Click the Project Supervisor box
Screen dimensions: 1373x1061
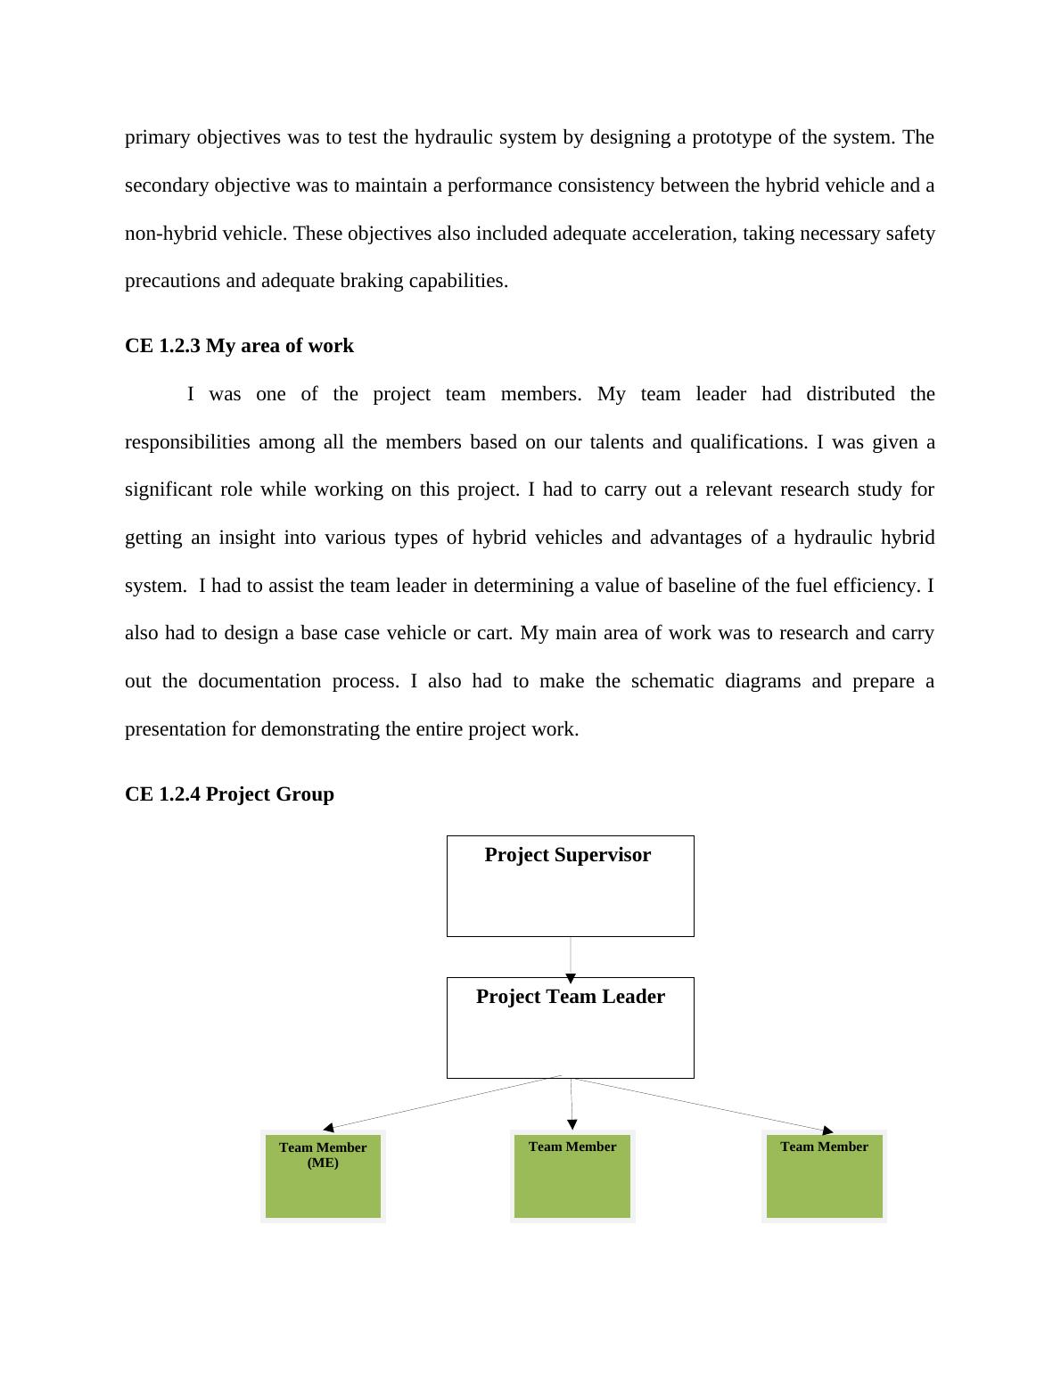point(570,886)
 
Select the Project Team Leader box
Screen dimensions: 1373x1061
point(570,1028)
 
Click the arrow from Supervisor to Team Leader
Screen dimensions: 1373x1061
point(571,959)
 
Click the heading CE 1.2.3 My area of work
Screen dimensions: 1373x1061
point(239,346)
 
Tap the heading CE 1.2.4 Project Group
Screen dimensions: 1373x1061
point(229,794)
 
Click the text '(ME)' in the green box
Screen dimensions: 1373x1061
point(323,1163)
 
